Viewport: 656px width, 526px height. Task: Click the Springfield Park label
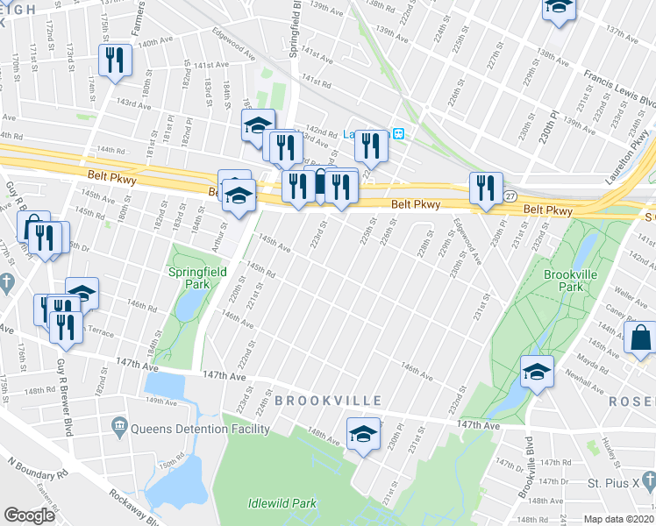tap(197, 279)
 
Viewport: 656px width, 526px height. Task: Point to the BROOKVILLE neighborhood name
tap(327, 401)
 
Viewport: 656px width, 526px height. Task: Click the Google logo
tap(30, 515)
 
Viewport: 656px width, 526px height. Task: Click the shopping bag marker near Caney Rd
tap(640, 338)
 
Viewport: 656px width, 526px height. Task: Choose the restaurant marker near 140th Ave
tap(115, 60)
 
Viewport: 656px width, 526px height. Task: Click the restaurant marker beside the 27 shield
tap(484, 188)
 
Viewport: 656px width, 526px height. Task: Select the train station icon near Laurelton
tap(398, 134)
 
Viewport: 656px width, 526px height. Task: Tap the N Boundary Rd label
tap(38, 473)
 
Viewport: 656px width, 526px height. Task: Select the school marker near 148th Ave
tap(362, 433)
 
